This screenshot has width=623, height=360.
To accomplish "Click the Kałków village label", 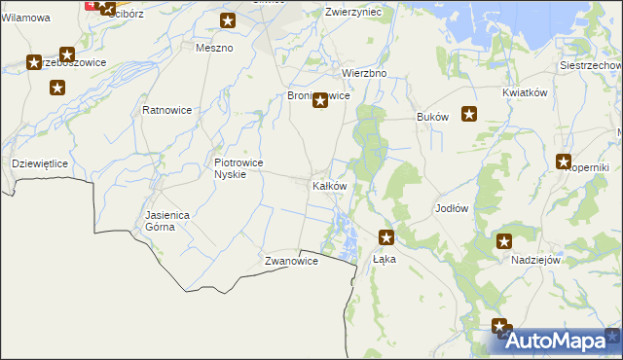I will (x=328, y=186).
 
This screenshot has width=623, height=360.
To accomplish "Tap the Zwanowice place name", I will (x=292, y=262).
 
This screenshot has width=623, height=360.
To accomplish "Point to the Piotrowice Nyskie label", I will (x=239, y=168).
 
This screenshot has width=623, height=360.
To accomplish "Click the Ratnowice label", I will (x=167, y=110).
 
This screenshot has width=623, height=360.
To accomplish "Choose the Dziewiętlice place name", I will (x=39, y=163).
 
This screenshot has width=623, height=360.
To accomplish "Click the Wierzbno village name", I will (x=365, y=73).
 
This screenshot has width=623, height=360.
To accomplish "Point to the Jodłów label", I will (x=452, y=209).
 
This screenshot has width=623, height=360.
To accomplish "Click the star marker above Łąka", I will (x=386, y=236).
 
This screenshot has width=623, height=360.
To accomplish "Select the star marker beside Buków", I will (x=469, y=114).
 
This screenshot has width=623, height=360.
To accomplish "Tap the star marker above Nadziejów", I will (x=504, y=241).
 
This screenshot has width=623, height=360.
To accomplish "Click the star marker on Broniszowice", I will (x=319, y=99).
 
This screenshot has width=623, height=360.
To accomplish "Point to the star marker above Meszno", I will (x=228, y=21).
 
